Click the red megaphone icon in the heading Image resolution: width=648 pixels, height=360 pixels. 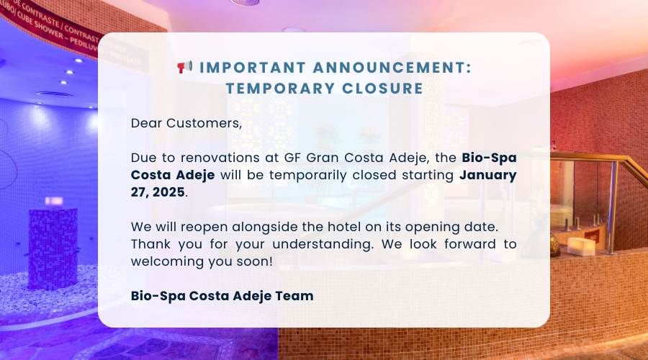(185, 66)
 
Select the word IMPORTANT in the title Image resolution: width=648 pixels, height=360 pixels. (253, 68)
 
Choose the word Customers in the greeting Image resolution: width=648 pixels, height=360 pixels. (204, 123)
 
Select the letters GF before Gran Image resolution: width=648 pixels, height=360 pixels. (292, 158)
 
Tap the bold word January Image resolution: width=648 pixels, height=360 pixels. (488, 176)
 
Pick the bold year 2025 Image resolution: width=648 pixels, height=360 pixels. (168, 192)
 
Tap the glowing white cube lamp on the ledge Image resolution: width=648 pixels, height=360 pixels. (581, 247)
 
